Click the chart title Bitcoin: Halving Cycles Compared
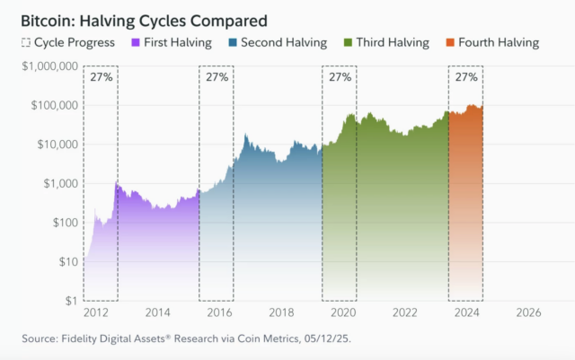[x=144, y=21]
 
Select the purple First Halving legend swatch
[x=136, y=42]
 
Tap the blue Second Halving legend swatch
[x=233, y=42]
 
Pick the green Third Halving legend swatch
[x=348, y=42]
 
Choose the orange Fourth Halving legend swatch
[x=450, y=42]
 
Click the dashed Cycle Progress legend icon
[x=26, y=42]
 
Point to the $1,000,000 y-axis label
[x=50, y=66]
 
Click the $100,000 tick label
[x=55, y=105]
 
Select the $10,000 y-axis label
[x=57, y=145]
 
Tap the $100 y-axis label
[x=66, y=223]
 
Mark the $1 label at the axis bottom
[x=72, y=301]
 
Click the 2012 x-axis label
[x=96, y=312]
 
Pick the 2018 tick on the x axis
[x=281, y=312]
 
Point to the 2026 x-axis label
[x=528, y=312]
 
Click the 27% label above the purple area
[x=102, y=77]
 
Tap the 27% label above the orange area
[x=466, y=77]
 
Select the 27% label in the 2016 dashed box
[x=217, y=77]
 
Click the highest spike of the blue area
[x=245, y=135]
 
